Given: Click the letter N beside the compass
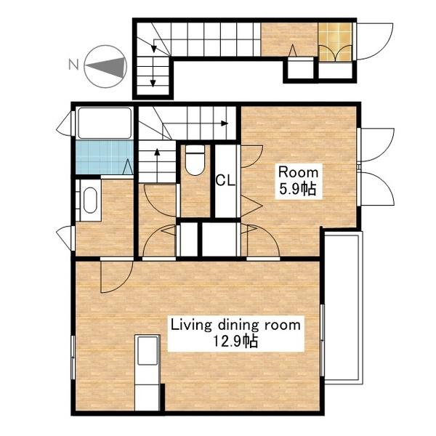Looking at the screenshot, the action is (x=73, y=65).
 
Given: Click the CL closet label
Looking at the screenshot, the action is (x=225, y=180).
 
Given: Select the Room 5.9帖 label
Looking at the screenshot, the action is (x=299, y=181).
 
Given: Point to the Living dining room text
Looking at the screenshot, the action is (x=235, y=325).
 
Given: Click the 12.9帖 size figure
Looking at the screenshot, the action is (x=235, y=341).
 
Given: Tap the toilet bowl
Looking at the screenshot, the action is (x=195, y=161).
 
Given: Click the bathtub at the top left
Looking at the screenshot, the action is (x=105, y=123).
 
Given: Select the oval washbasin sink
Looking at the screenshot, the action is (x=90, y=201).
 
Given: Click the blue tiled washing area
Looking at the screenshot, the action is (x=104, y=158).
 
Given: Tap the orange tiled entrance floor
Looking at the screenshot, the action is (x=335, y=41).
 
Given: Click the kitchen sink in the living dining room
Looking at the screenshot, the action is (x=148, y=350).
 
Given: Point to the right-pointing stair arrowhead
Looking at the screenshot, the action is (x=225, y=124).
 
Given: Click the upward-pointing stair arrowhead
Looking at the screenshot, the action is (x=157, y=152).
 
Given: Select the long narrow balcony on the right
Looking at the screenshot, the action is (x=344, y=310).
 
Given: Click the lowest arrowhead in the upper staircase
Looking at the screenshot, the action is (x=153, y=83).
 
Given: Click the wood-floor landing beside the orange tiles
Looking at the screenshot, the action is (x=289, y=39).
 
